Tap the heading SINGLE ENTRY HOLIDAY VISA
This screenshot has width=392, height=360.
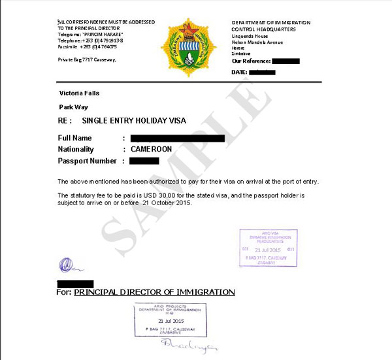(x=134, y=121)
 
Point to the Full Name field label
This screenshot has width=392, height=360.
(x=75, y=139)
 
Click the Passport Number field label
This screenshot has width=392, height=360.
(x=88, y=161)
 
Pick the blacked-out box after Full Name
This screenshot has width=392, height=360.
(x=178, y=139)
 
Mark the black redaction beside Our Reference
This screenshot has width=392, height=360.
(x=284, y=61)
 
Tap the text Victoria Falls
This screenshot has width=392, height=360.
(x=80, y=92)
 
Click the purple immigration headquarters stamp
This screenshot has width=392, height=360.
(x=268, y=248)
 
